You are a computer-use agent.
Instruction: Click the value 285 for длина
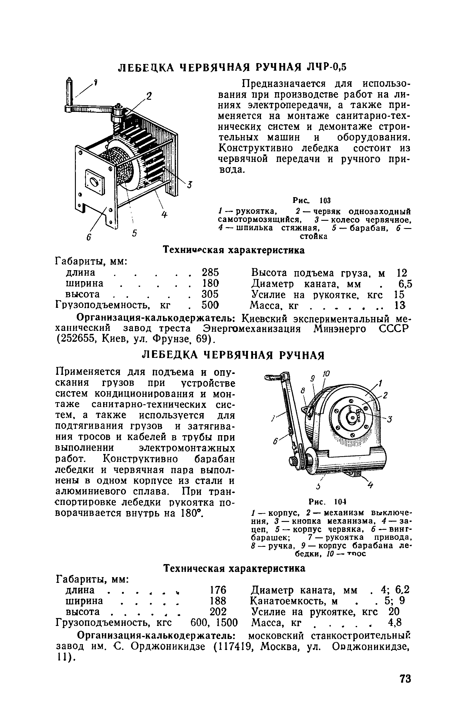pos(210,272)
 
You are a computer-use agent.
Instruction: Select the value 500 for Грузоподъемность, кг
pos(210,304)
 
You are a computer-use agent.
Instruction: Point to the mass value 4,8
pos(395,623)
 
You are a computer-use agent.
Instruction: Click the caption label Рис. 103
pos(311,200)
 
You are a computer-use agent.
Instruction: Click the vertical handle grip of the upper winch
pos(70,91)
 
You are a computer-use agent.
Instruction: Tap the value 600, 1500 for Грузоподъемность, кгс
pos(214,623)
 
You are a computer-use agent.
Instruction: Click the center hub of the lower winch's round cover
pos(352,419)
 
